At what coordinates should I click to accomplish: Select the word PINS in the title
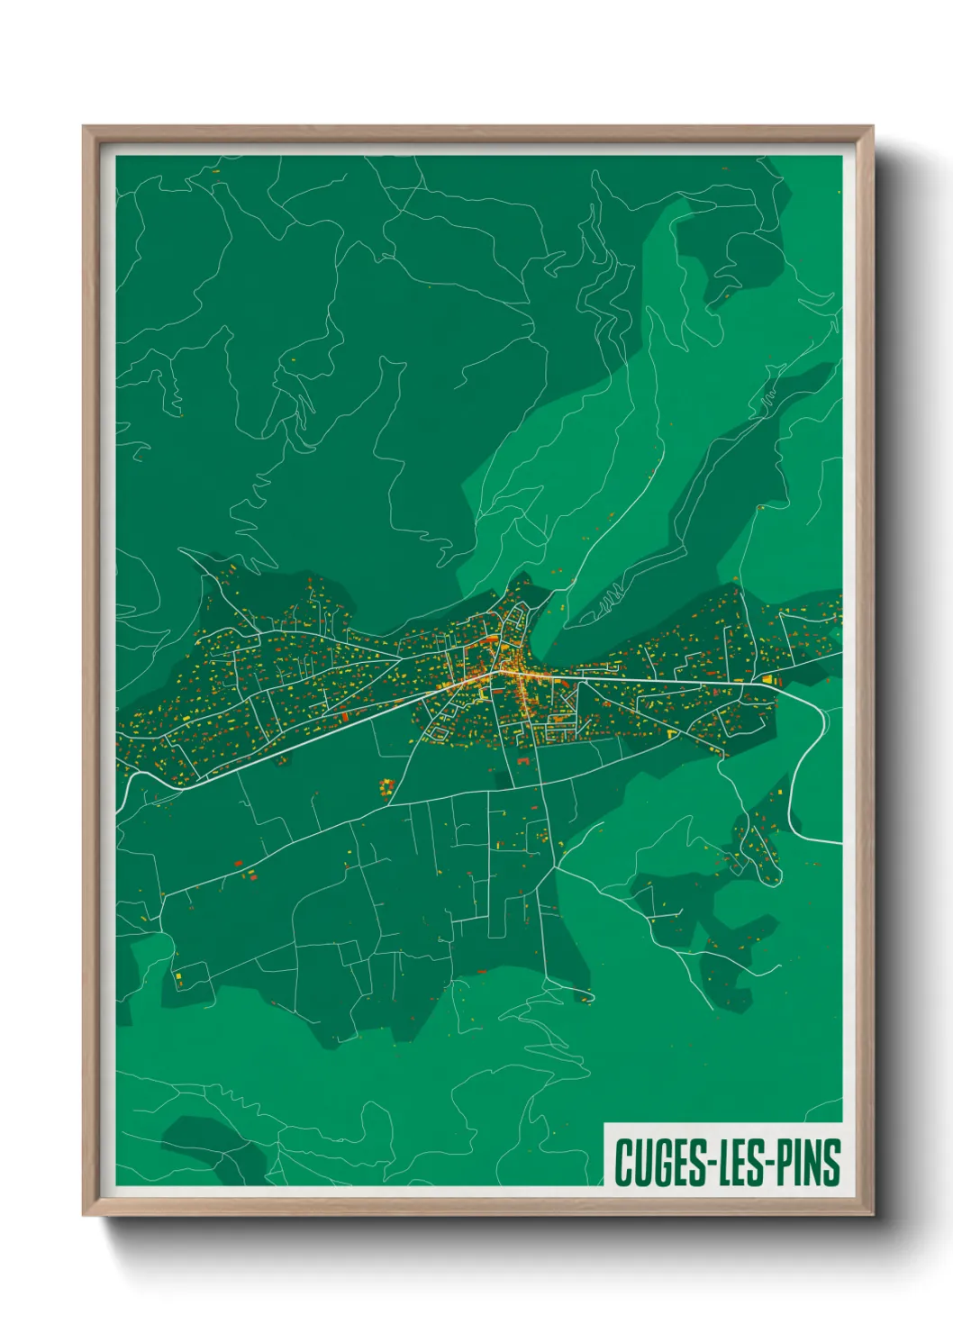tap(807, 1163)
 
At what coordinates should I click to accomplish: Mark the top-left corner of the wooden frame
tap(85, 128)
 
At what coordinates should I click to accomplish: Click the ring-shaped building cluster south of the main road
tap(387, 787)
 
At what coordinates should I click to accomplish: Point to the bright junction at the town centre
tap(496, 670)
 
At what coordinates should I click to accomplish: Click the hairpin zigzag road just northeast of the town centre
tap(605, 597)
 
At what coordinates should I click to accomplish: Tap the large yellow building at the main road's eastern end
tap(768, 679)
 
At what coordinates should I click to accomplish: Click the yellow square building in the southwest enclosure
tap(178, 978)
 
